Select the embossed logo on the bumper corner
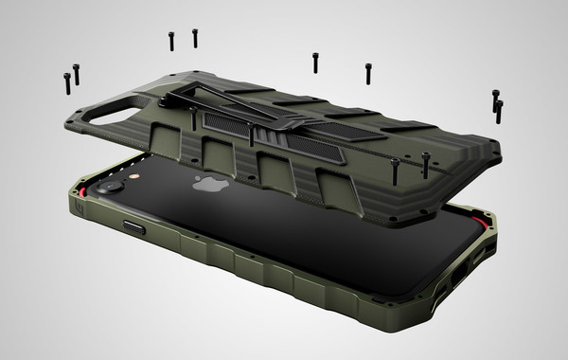point(77,205)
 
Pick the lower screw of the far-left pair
point(67,83)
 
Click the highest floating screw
point(195,38)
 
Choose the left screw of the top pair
point(171,41)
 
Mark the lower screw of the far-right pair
point(499,111)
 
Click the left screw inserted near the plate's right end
point(395,171)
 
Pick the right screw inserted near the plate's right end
point(425,166)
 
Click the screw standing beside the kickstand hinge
point(193,118)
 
